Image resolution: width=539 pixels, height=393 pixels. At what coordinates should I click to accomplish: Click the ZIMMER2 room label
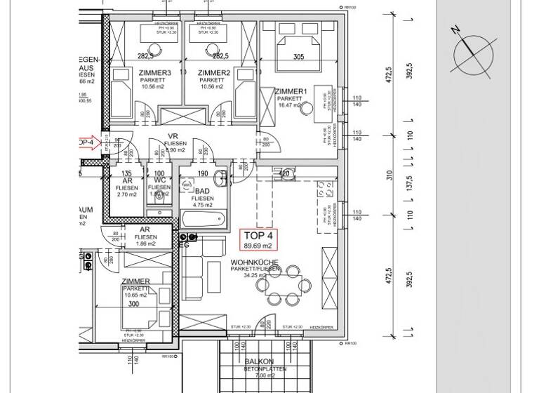[214, 73]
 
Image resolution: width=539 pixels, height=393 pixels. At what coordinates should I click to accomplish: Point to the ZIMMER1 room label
[291, 92]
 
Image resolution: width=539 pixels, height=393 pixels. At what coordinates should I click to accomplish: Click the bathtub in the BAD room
[204, 220]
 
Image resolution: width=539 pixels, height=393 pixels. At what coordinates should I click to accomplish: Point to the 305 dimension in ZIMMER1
[298, 58]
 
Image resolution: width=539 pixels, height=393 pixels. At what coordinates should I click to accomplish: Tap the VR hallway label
[171, 137]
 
